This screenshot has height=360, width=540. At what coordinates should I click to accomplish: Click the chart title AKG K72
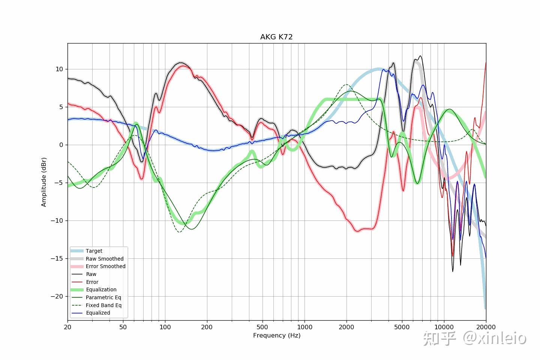click(x=276, y=37)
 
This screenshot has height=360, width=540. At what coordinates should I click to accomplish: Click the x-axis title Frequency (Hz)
click(x=276, y=335)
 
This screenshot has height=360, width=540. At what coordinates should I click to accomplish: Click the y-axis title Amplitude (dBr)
click(x=44, y=182)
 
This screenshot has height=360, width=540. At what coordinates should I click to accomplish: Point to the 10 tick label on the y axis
click(x=59, y=69)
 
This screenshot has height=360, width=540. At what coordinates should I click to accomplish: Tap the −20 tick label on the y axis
click(x=57, y=296)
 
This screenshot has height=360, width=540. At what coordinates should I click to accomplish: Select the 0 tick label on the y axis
click(x=61, y=145)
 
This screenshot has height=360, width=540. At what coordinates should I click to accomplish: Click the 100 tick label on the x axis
click(x=165, y=327)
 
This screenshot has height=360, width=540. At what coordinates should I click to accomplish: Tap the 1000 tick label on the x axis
click(x=304, y=327)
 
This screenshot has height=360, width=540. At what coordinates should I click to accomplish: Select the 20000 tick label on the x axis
click(x=486, y=327)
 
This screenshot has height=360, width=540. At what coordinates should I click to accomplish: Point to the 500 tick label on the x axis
click(x=262, y=327)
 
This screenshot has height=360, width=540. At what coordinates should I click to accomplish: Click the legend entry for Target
click(x=94, y=251)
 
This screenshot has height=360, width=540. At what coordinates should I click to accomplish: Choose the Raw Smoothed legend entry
click(x=104, y=259)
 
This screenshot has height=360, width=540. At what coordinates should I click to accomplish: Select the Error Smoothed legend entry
click(x=105, y=266)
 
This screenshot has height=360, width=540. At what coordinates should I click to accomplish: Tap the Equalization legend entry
click(x=101, y=289)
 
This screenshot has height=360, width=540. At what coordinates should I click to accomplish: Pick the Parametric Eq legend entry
click(x=103, y=297)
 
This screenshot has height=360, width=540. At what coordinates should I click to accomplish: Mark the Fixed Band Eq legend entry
click(x=103, y=305)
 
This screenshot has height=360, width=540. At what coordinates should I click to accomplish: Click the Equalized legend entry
click(x=98, y=313)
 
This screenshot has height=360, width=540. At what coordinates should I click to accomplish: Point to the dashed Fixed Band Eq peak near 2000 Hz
click(x=346, y=85)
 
